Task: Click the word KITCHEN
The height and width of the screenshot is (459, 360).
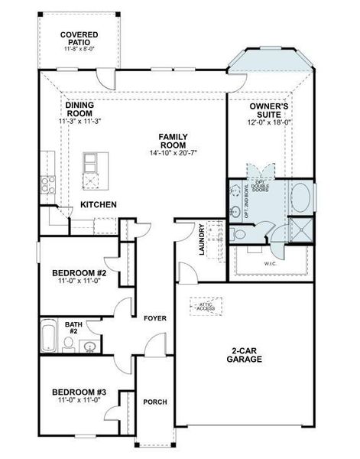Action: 99,204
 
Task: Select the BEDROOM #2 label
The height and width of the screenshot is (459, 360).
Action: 79,273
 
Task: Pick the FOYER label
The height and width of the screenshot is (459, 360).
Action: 155,317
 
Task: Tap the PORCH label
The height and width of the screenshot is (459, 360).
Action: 155,402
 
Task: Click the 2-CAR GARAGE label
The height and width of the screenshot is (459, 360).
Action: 245,353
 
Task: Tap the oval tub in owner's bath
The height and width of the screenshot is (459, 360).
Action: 301,198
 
